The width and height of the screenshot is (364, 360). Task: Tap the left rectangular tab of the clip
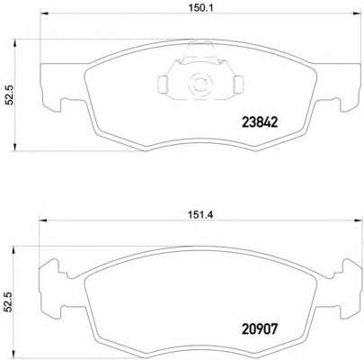164,85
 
